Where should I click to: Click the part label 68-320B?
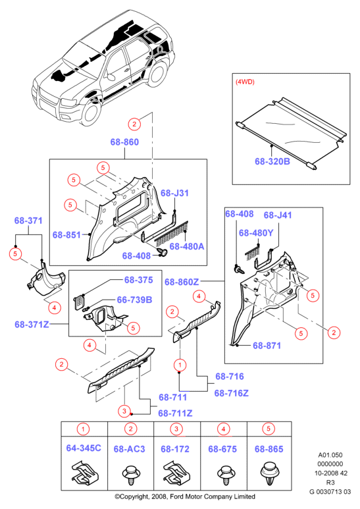[272, 161]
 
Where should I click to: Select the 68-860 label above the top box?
[124, 142]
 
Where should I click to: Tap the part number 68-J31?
[174, 193]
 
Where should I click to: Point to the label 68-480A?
[187, 246]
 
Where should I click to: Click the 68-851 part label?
[66, 234]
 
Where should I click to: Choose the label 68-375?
[138, 280]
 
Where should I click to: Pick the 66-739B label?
[134, 300]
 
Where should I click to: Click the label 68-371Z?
[32, 324]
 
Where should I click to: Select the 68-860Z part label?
[182, 282]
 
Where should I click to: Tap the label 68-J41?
[278, 215]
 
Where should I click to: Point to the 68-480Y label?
[256, 232]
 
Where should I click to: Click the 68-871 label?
[267, 346]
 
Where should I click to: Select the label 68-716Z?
[231, 393]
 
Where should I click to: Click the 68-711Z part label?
[175, 414]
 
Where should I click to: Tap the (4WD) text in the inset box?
[245, 82]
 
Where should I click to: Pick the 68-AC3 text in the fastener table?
[129, 449]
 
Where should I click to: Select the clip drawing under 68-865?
[269, 473]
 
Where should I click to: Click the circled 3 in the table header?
[176, 429]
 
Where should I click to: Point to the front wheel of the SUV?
[90, 112]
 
